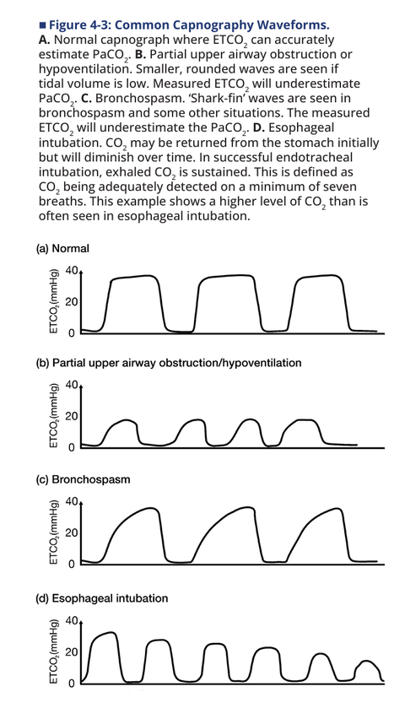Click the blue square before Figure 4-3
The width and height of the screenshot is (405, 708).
point(42,24)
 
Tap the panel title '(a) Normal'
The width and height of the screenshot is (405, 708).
point(62,248)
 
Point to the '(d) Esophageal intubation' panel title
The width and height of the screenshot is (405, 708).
point(102,598)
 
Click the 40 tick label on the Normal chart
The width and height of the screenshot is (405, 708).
point(72,271)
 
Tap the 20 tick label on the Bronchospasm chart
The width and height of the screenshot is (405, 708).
point(72,532)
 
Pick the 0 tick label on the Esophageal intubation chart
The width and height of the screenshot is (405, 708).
point(72,684)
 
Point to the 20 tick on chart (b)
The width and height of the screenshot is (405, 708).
point(72,416)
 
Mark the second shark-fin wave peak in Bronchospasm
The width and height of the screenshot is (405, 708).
point(248,507)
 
